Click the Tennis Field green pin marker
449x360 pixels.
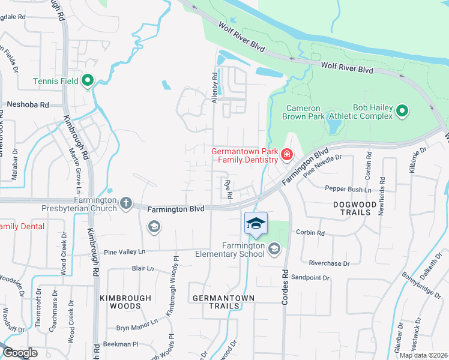88,80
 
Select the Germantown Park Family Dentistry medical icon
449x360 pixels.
287,156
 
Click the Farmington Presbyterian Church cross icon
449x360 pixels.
126,203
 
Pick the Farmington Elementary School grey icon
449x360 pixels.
274,248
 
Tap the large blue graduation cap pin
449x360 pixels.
256,224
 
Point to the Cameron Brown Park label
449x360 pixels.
307,112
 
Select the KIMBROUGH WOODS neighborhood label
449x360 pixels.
121,302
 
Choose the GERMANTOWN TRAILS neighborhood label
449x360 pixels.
223,302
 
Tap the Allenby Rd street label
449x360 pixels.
214,88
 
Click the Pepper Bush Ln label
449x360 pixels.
348,188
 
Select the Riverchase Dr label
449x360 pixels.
328,263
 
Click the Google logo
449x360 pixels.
19,353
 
